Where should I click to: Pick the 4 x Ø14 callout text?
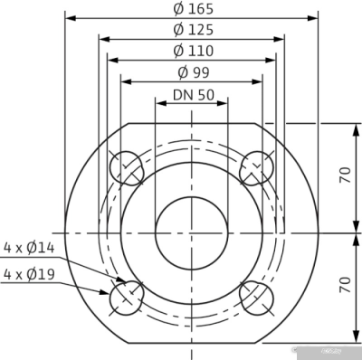29,247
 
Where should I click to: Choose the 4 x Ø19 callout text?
29,273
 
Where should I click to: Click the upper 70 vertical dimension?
344,175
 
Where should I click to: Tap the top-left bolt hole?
126,168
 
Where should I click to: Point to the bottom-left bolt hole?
126,296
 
